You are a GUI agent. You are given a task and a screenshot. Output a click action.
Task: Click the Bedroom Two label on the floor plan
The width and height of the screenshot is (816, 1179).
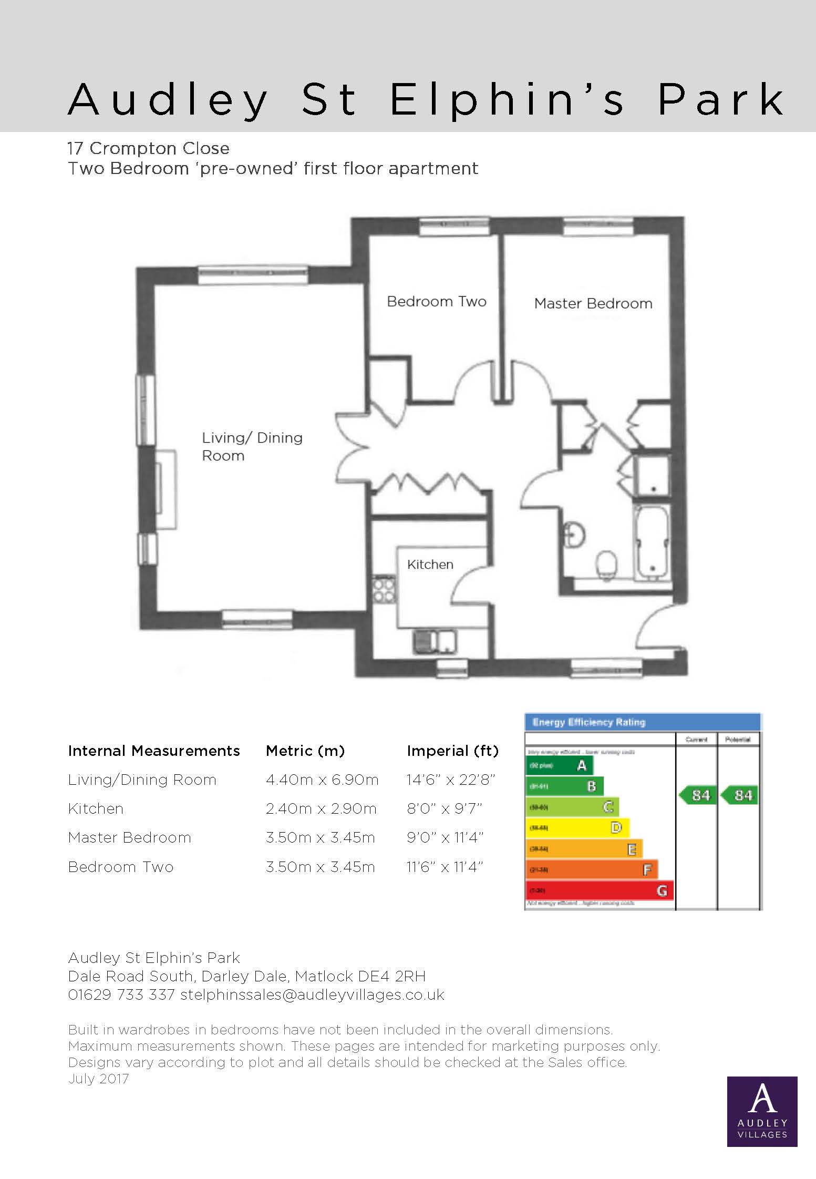point(436,302)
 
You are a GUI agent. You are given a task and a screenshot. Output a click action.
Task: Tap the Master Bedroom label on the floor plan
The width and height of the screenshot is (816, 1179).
point(593,304)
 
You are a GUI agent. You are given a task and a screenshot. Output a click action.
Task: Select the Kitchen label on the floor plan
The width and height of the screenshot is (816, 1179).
point(430,565)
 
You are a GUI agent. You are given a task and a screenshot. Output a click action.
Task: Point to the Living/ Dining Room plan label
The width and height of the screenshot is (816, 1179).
point(252,446)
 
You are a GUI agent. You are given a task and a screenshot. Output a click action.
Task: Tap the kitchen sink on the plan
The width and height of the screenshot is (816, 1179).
point(435,641)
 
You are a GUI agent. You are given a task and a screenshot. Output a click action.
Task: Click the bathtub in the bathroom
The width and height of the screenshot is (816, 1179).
point(652,543)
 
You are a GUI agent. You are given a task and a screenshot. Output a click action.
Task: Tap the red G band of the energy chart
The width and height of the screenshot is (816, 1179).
point(599,891)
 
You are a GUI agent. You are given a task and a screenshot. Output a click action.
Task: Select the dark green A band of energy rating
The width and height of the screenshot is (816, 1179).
point(560,765)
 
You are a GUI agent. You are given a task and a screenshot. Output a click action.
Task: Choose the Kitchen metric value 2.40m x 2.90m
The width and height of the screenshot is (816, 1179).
point(321,808)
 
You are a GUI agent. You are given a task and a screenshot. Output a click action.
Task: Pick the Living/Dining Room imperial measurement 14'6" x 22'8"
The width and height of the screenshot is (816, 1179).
point(451,780)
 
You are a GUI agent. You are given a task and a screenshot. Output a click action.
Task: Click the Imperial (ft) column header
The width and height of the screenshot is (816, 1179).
point(452,751)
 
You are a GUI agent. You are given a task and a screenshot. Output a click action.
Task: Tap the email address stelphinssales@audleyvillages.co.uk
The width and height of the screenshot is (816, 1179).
point(312,995)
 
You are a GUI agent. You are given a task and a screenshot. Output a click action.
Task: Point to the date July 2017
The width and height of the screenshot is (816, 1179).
point(98,1079)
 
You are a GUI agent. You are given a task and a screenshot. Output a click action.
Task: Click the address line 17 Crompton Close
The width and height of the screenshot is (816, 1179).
point(149,148)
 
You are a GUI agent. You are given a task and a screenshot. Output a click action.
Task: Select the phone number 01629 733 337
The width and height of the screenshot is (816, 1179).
point(121,995)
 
